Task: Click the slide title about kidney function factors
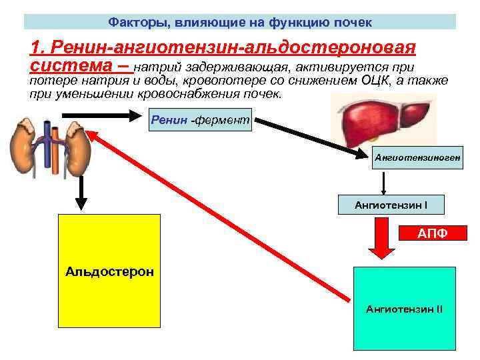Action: pos(240,23)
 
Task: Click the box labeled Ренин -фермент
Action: pos(200,120)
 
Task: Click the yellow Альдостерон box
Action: pos(109,271)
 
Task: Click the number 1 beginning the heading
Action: pos(35,47)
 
